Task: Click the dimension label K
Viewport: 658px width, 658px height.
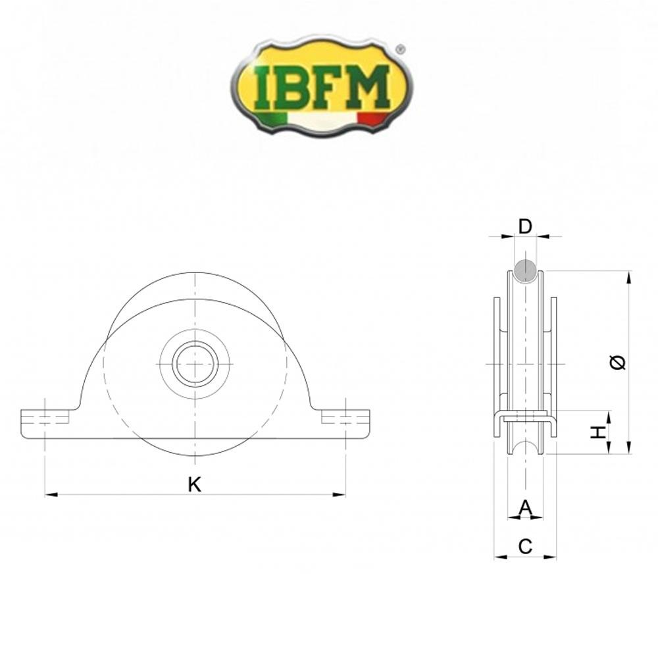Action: [x=194, y=485]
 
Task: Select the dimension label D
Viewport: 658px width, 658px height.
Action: [x=524, y=227]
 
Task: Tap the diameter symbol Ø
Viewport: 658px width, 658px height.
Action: [x=619, y=361]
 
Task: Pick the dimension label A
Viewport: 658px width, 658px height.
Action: [x=525, y=507]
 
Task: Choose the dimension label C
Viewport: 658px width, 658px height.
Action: [x=525, y=546]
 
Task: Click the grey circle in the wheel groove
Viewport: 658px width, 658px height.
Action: [x=525, y=270]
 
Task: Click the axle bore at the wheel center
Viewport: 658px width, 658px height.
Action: [x=195, y=363]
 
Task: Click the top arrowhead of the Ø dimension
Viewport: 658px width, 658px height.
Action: [x=629, y=276]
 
